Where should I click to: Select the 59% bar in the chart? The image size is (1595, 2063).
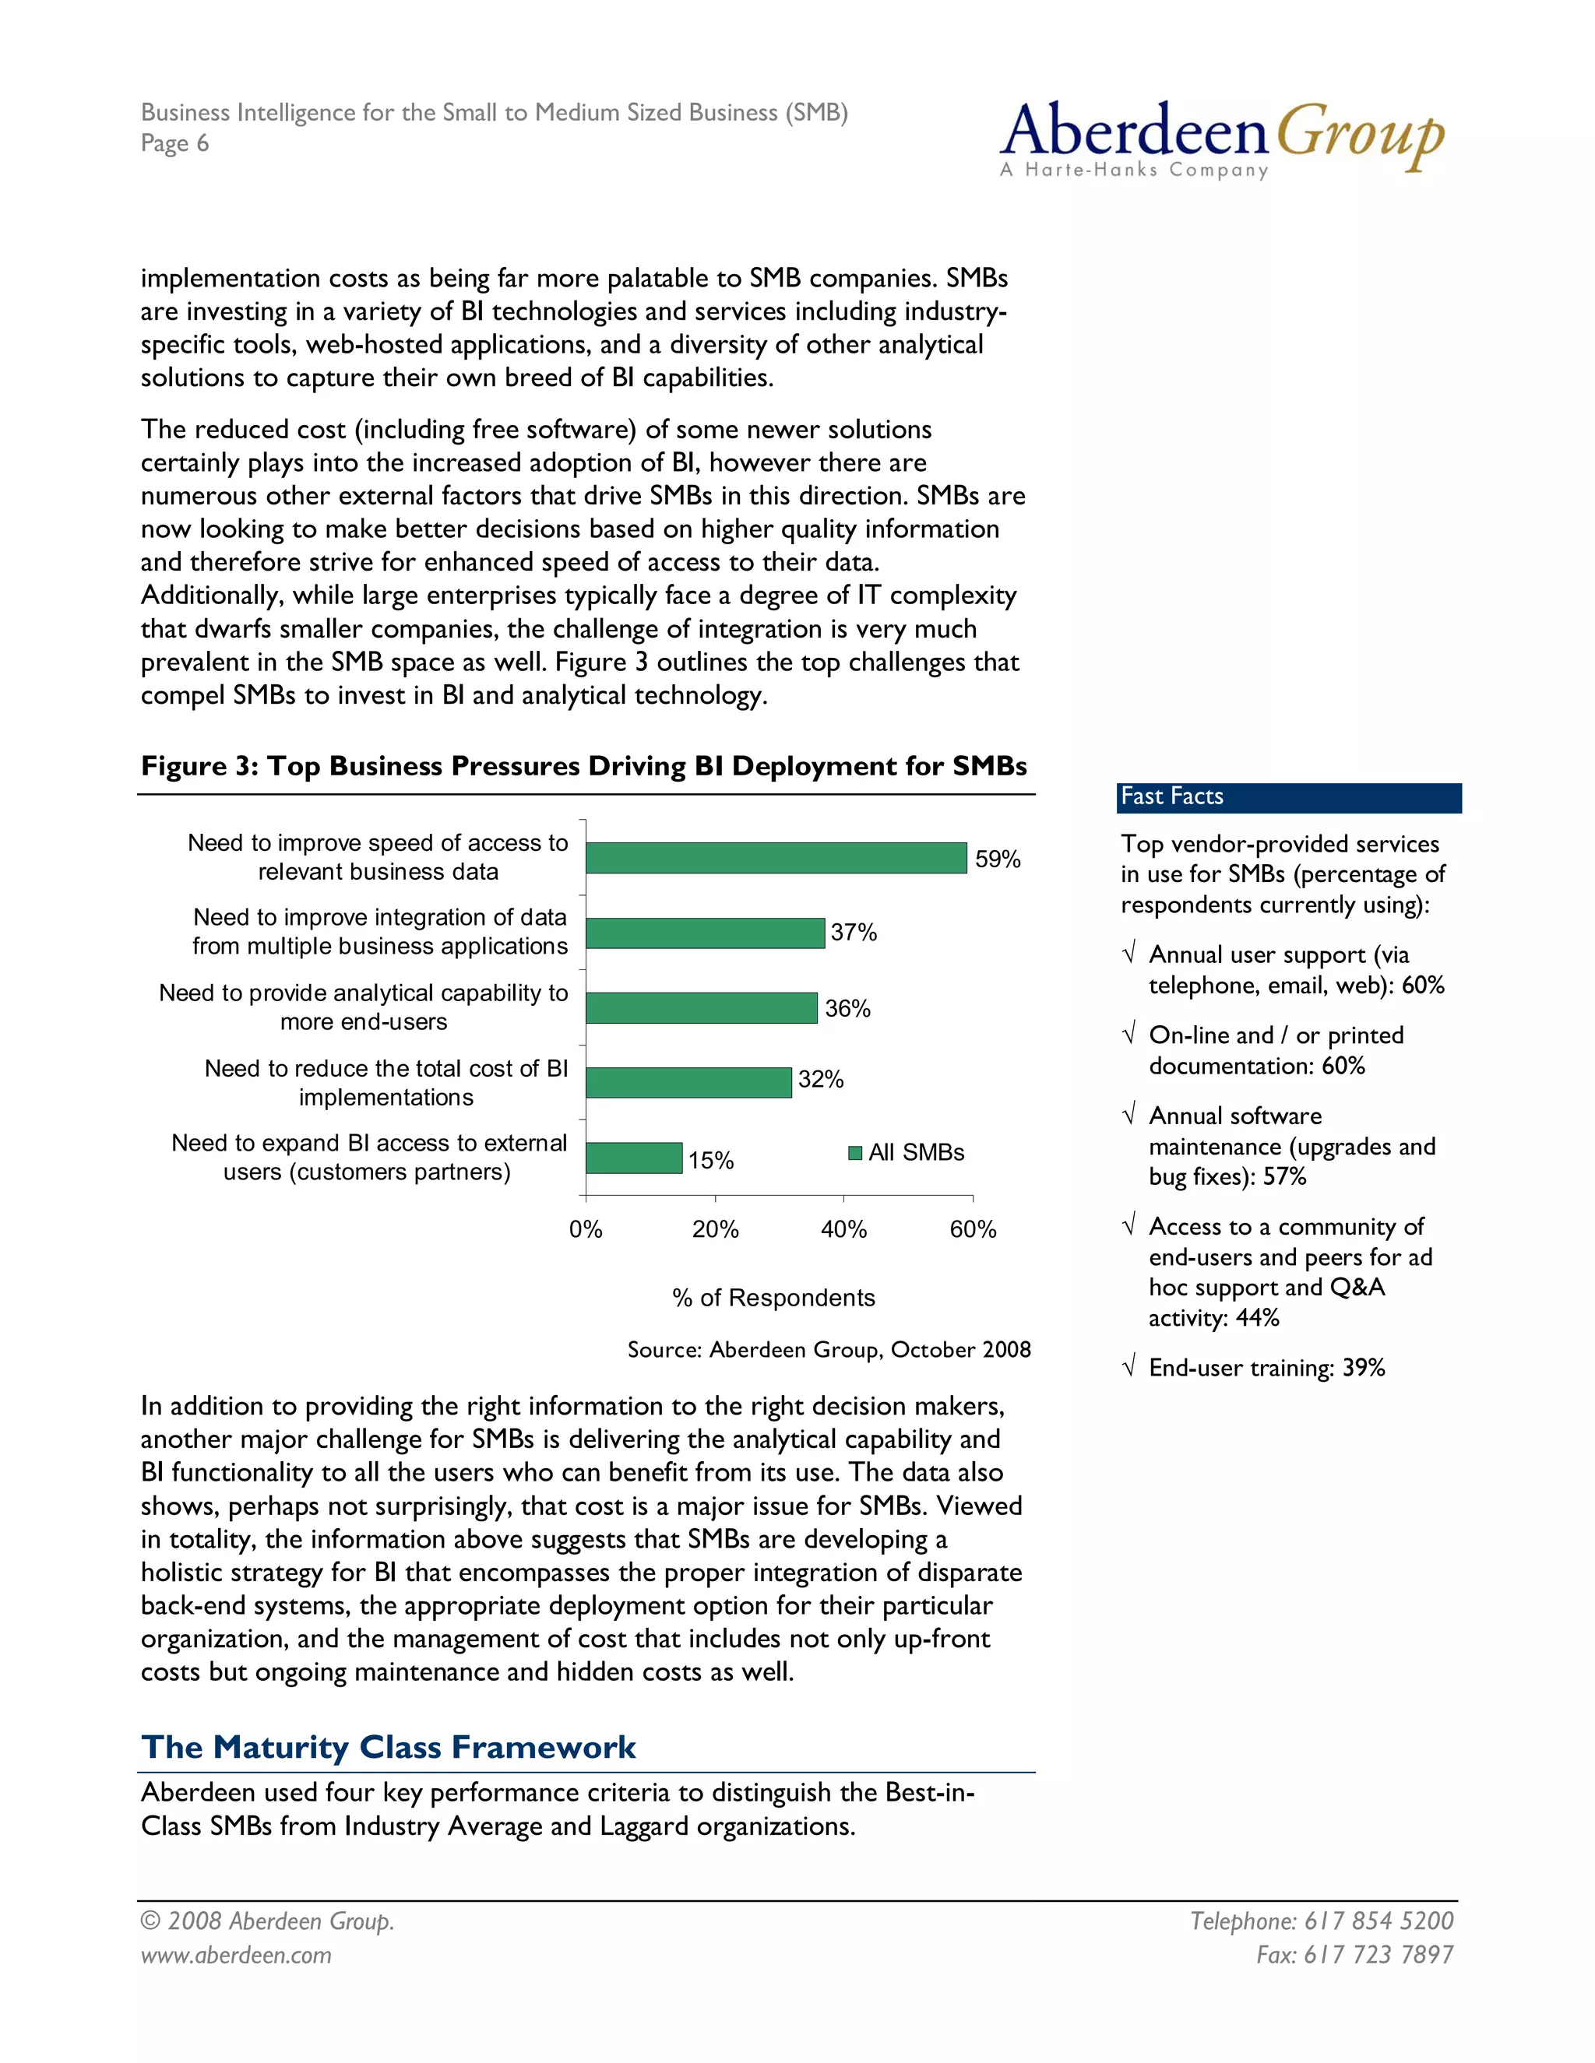[776, 858]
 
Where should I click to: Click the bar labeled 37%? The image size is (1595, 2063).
[705, 933]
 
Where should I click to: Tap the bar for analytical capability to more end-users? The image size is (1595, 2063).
[701, 1008]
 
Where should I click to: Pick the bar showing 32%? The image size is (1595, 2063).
[688, 1083]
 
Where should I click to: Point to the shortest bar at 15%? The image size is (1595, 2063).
[633, 1158]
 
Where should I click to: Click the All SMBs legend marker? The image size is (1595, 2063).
[855, 1152]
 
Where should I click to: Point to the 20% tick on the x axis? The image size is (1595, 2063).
[714, 1229]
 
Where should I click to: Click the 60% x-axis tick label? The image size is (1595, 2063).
[972, 1229]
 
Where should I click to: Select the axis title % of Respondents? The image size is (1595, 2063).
[773, 1298]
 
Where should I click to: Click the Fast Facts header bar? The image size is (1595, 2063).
[1288, 797]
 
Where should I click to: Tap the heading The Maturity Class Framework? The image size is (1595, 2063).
[389, 1748]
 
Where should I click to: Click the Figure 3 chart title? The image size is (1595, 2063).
[583, 766]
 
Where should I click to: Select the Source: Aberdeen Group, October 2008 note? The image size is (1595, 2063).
[829, 1350]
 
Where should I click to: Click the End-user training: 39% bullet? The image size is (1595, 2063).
[1266, 1368]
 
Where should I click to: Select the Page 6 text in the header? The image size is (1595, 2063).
[174, 143]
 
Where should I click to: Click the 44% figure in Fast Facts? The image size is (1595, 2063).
[1257, 1318]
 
